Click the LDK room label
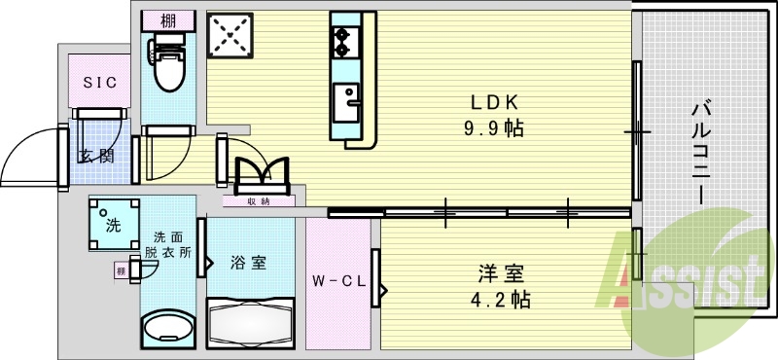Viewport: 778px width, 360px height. point(499,101)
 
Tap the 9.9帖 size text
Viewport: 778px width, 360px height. point(499,127)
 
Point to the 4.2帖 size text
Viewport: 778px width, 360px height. point(500,299)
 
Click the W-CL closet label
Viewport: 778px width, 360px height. point(337,282)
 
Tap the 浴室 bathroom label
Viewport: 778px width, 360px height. point(249,263)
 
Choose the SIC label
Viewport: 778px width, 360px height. point(98,84)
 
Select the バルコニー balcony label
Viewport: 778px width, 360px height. point(702,146)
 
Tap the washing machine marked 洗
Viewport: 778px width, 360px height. point(113,224)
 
